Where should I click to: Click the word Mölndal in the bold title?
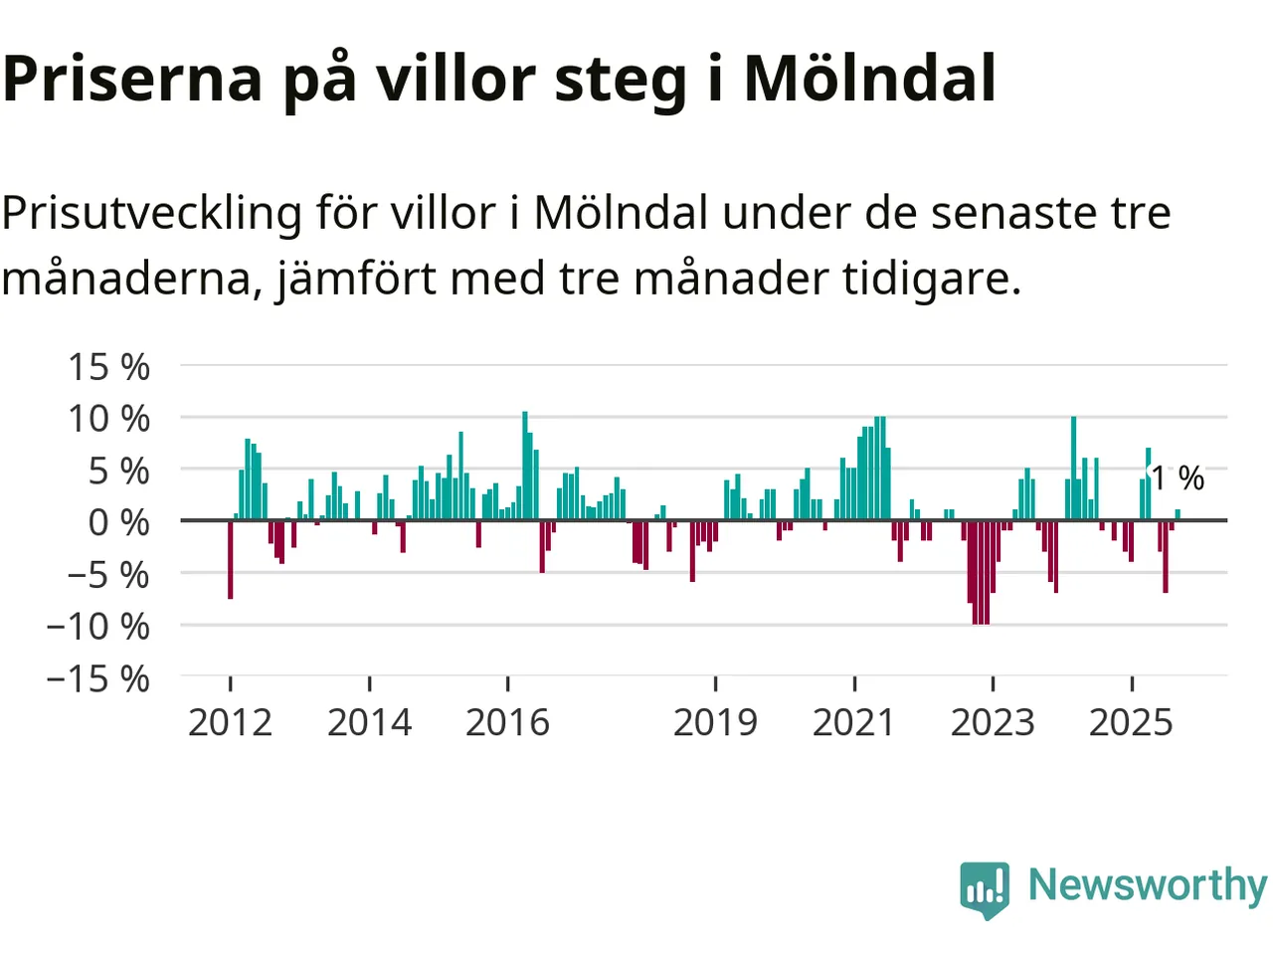pyautogui.click(x=870, y=79)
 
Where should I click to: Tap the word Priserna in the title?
pyautogui.click(x=131, y=79)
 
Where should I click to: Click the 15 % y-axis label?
pyautogui.click(x=108, y=367)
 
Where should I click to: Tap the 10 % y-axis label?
pyautogui.click(x=108, y=419)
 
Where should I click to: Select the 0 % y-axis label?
pyautogui.click(x=118, y=522)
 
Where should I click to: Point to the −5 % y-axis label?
pyautogui.click(x=108, y=574)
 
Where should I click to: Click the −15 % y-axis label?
pyautogui.click(x=98, y=678)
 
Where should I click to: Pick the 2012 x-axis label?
pyautogui.click(x=230, y=722)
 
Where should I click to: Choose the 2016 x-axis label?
pyautogui.click(x=507, y=722)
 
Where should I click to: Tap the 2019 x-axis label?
pyautogui.click(x=715, y=722)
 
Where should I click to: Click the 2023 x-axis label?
pyautogui.click(x=993, y=722)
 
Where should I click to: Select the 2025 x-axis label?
pyautogui.click(x=1131, y=722)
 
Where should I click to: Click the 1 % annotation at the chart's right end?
pyautogui.click(x=1178, y=478)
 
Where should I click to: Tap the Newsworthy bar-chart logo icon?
pyautogui.click(x=985, y=888)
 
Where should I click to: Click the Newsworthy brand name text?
pyautogui.click(x=1148, y=884)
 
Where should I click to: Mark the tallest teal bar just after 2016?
pyautogui.click(x=525, y=466)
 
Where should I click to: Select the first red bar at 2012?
pyautogui.click(x=231, y=559)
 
